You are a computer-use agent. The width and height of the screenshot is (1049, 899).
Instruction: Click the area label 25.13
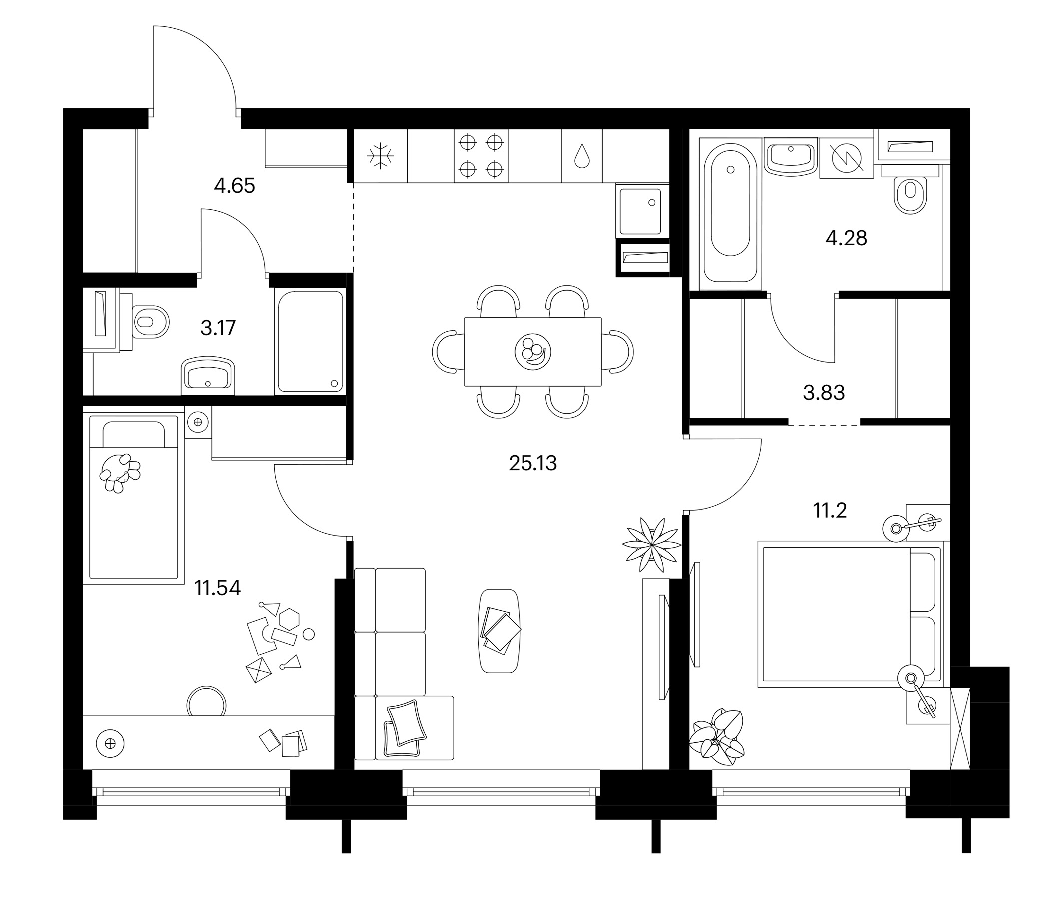click(x=532, y=463)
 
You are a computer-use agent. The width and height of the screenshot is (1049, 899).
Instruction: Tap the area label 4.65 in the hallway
click(x=234, y=186)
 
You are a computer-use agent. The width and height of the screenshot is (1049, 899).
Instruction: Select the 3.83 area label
click(x=824, y=392)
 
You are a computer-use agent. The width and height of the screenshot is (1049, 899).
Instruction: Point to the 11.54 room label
click(x=218, y=588)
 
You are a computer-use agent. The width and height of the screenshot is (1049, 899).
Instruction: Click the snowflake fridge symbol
click(x=380, y=156)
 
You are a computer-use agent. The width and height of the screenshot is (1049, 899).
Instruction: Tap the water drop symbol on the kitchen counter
click(x=582, y=156)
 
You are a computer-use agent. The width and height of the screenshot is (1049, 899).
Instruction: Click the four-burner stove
click(x=481, y=156)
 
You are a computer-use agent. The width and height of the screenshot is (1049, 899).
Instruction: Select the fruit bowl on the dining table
click(x=532, y=351)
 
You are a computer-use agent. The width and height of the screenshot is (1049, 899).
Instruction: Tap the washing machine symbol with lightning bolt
click(x=847, y=158)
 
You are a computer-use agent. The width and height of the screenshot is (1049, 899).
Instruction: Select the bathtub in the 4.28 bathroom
click(x=730, y=213)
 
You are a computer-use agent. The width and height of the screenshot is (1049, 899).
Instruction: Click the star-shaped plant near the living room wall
click(x=651, y=545)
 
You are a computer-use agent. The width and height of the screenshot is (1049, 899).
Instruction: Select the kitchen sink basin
click(x=641, y=212)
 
